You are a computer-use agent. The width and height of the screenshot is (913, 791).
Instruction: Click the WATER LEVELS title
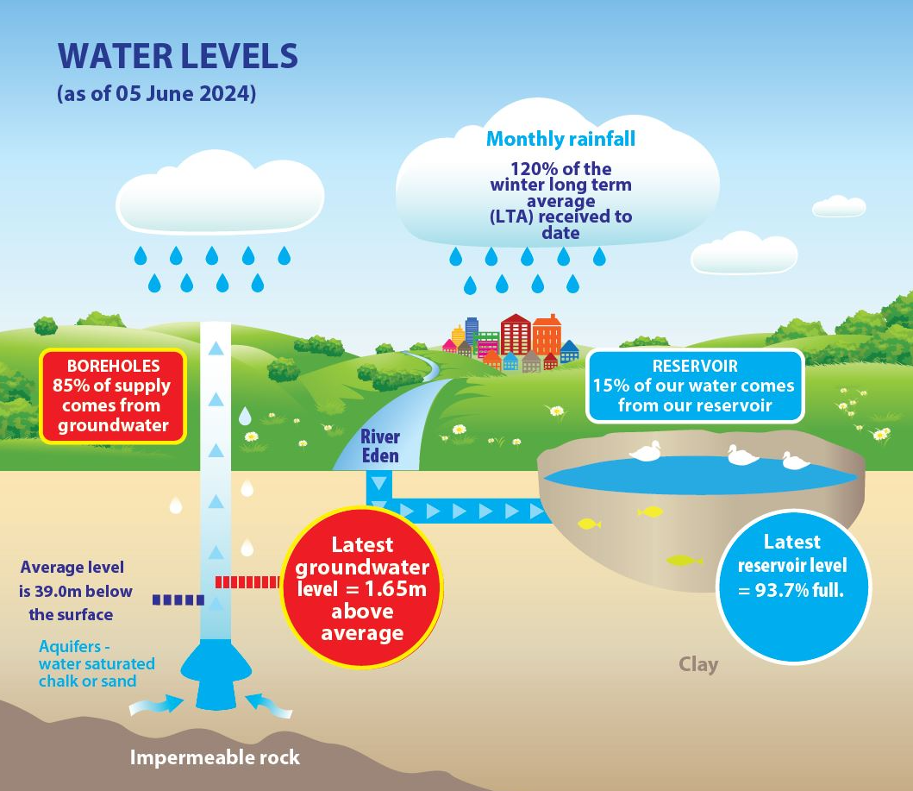[178, 57]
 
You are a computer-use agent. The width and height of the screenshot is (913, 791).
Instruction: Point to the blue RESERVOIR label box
[694, 386]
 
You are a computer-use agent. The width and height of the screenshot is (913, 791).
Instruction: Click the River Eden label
[379, 445]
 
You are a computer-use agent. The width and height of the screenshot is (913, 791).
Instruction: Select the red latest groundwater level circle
[362, 589]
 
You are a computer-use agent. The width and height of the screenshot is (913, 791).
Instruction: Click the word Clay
[697, 664]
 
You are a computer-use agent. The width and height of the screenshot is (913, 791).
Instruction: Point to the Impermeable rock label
[215, 757]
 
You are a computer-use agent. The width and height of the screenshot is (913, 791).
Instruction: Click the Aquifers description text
[96, 663]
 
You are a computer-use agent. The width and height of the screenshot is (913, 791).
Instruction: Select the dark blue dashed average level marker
[178, 599]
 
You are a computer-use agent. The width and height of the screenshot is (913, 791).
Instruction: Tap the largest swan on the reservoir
[646, 452]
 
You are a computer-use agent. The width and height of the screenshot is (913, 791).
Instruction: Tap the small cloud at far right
[839, 205]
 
